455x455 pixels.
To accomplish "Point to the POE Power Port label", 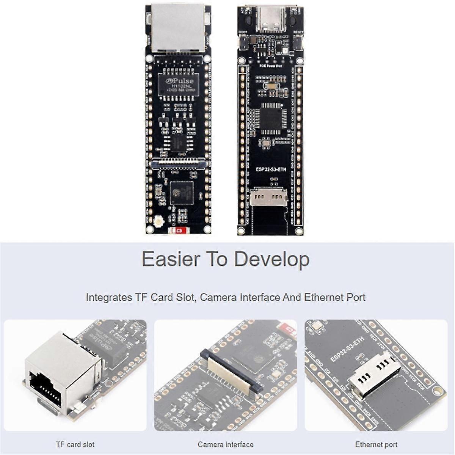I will pos(270,66).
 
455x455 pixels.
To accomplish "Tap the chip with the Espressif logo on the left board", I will pos(181,193).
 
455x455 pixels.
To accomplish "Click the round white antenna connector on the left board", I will pos(157,221).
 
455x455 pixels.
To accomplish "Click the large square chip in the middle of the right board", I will pos(270,118).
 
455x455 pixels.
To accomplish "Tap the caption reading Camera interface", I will pos(226,444).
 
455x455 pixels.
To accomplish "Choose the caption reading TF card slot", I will pos(75,444).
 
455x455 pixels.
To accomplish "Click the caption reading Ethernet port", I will pos(376,444).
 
